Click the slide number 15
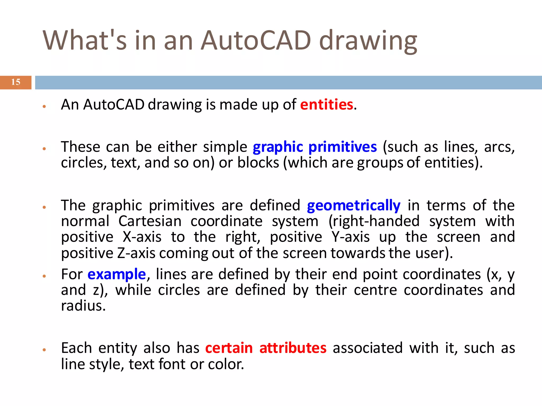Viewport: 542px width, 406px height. [x=16, y=82]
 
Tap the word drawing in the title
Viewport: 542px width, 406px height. [x=368, y=41]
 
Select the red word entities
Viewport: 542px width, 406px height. [x=327, y=104]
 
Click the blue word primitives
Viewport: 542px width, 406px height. [x=342, y=147]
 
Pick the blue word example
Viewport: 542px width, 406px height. [x=117, y=274]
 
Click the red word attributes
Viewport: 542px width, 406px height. [x=293, y=348]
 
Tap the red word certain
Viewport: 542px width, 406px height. [x=229, y=348]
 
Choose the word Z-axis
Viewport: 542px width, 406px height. [x=136, y=253]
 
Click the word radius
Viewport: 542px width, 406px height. [x=83, y=306]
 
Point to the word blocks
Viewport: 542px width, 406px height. [x=258, y=163]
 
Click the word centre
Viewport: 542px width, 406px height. [x=375, y=290]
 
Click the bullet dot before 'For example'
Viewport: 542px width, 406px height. [x=44, y=276]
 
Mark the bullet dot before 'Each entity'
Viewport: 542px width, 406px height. [x=44, y=350]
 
